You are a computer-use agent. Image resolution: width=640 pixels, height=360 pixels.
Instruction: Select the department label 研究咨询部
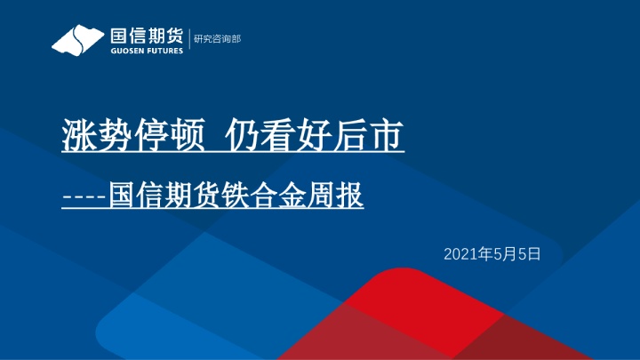[x=217, y=39]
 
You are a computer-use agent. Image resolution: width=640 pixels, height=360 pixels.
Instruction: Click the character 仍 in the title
[x=243, y=135]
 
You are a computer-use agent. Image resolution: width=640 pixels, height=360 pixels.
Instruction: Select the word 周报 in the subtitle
[x=335, y=195]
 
